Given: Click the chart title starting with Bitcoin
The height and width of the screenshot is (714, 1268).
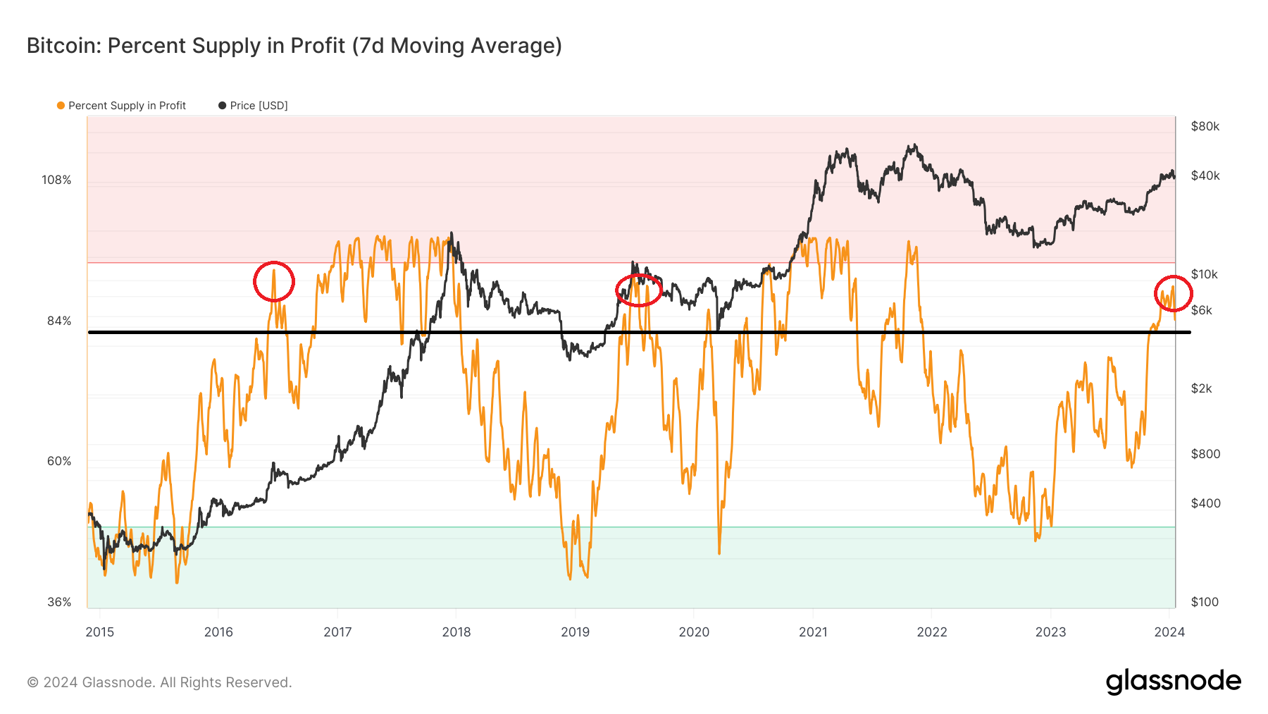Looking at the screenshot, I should tap(294, 46).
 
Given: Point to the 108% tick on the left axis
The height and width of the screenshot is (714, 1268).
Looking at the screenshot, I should tap(56, 180).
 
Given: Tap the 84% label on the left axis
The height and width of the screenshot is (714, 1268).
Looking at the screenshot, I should tap(59, 321).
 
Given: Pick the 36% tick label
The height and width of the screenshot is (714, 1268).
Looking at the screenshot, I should tap(59, 603).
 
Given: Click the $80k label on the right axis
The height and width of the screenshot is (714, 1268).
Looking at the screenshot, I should tap(1205, 127).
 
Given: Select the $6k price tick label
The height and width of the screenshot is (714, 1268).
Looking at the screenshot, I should tap(1201, 311).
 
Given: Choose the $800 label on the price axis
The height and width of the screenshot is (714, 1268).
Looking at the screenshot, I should tap(1205, 455).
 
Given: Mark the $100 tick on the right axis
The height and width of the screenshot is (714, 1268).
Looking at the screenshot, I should tap(1205, 603).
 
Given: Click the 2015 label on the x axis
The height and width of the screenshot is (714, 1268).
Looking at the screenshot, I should tap(99, 632).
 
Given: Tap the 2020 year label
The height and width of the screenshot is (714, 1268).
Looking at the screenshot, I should tap(694, 632).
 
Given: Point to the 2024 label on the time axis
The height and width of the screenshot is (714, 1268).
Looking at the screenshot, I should tap(1169, 632).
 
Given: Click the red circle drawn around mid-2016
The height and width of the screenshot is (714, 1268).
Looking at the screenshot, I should tap(274, 282).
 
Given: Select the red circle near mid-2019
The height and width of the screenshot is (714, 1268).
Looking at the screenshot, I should tap(639, 290).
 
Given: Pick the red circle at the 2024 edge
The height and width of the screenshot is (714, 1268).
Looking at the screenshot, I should tap(1173, 293).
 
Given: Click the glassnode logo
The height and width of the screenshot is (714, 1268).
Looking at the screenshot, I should tap(1173, 682).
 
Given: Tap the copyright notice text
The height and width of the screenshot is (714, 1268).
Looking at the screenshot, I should tap(159, 683).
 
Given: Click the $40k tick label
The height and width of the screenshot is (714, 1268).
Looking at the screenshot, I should tap(1205, 176).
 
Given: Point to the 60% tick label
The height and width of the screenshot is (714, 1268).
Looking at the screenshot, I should tap(59, 462).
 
